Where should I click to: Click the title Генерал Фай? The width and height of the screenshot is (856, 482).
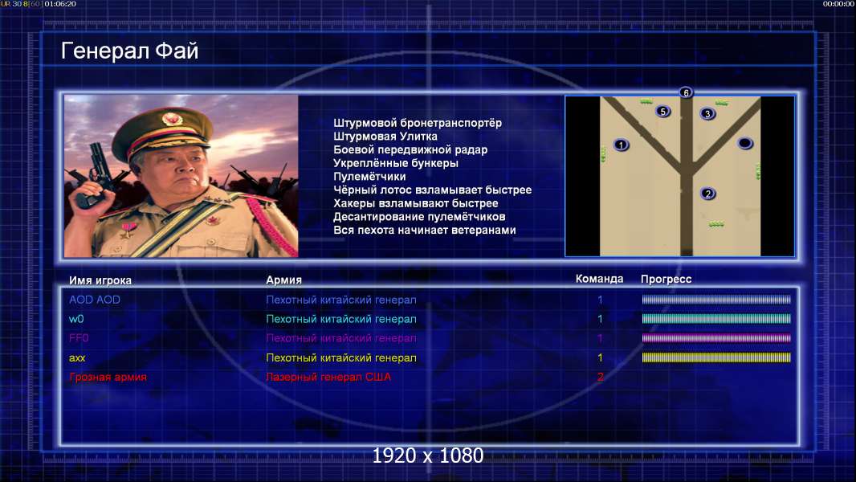(x=129, y=51)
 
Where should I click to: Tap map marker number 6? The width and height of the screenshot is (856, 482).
(x=686, y=92)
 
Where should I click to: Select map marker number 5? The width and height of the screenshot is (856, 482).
(x=662, y=112)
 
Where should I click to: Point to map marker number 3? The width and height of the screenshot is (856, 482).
(x=707, y=113)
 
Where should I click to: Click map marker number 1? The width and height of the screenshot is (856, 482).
(x=621, y=145)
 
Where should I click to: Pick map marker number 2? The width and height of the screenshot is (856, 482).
(x=708, y=194)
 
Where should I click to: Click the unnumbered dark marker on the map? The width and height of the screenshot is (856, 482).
(x=745, y=143)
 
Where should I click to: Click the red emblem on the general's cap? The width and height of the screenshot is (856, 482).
(x=171, y=119)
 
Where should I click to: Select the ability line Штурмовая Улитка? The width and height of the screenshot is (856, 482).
(x=385, y=137)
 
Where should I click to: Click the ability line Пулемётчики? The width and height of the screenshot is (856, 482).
(x=369, y=176)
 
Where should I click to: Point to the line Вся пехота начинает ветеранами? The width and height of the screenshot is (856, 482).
(x=424, y=230)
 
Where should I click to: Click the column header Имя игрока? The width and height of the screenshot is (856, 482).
(x=100, y=280)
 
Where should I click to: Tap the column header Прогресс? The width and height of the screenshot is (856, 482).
(x=666, y=279)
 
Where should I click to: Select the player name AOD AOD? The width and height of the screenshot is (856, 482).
(x=95, y=299)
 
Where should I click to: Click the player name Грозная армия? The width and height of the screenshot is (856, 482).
(x=108, y=377)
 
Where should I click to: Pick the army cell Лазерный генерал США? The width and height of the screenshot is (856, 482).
(x=328, y=377)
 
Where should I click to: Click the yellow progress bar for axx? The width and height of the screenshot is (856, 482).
(x=716, y=357)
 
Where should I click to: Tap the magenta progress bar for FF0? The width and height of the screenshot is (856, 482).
(x=716, y=338)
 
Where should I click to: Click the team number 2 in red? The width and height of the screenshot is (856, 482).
(x=600, y=377)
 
